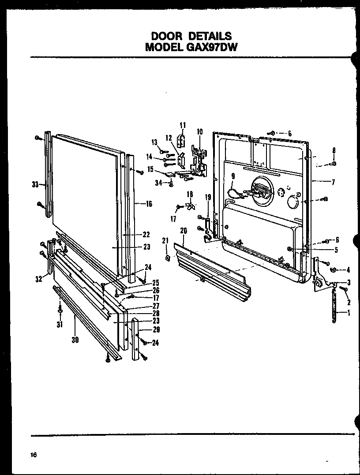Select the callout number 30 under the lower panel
click(75, 340)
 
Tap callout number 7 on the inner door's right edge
click(334, 181)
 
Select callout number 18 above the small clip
click(190, 194)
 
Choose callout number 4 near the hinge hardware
click(348, 269)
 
